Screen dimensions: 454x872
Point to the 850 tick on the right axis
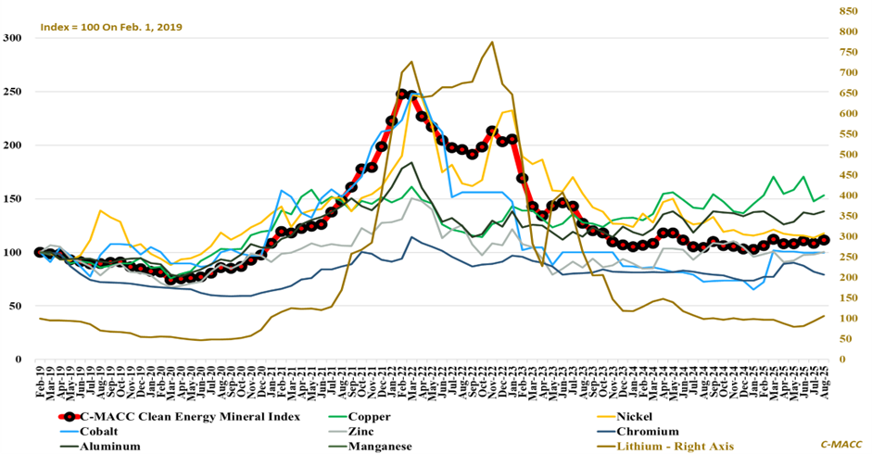(849, 11)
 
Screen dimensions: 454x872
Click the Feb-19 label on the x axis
(40, 382)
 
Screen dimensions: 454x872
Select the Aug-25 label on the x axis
(823, 382)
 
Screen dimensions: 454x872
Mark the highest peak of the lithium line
(492, 42)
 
